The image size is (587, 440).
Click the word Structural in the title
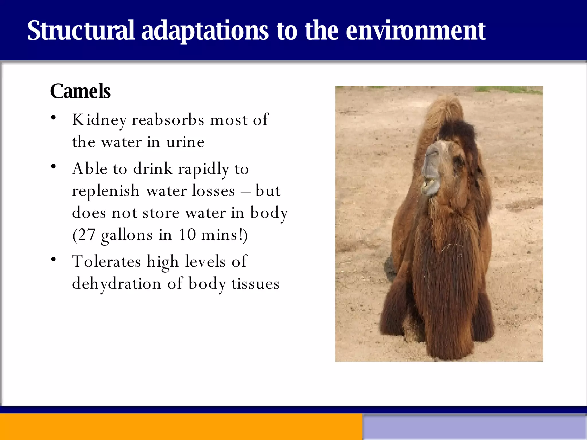coord(81,30)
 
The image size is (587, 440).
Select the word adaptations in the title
coord(205,31)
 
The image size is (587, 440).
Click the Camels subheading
coord(80,91)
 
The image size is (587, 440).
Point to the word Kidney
coord(99,120)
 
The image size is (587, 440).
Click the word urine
coord(185,142)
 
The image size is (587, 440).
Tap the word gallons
coord(127,235)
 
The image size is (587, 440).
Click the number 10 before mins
coord(187,235)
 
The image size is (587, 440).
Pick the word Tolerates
coord(107,262)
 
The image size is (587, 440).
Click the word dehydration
coord(116,284)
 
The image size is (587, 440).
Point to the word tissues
coord(255,284)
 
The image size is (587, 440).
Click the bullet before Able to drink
coord(53,167)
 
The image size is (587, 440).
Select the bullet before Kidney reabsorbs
coord(53,117)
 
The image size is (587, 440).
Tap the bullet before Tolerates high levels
coord(53,260)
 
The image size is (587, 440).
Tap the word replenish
coord(105,191)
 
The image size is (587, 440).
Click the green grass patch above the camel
coord(507,90)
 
